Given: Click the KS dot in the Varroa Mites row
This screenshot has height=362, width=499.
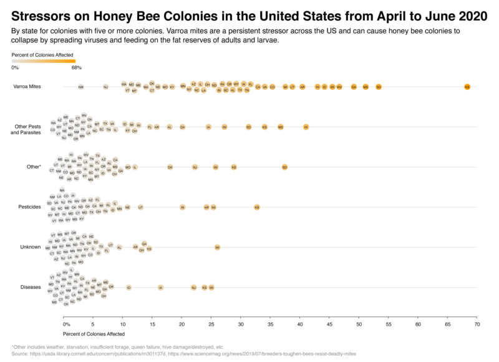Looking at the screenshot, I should coord(467,87).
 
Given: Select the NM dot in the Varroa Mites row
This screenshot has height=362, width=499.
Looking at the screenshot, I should coord(81,87).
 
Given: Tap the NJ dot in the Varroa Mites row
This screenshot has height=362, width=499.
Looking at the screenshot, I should coord(105,87).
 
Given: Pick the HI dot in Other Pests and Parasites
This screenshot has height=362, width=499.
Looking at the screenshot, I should coord(306,127).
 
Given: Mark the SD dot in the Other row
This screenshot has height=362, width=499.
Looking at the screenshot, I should coord(284,167).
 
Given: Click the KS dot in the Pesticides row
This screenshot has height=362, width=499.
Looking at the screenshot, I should coord(256,207).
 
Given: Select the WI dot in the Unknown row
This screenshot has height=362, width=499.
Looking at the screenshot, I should coord(217,247).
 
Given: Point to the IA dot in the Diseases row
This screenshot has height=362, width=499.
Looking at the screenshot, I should coord(160,287).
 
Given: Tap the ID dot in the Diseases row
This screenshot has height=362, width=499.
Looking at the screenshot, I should coord(128,287).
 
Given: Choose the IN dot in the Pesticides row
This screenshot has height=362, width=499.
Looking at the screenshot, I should coord(182,207).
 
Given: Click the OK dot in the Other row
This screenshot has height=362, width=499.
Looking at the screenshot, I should coord(170,167).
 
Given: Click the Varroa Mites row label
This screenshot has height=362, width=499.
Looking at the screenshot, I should coord(27,87).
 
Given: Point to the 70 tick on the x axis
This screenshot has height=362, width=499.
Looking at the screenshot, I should coord(477,325).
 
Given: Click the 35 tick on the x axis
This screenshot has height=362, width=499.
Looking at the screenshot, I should coord(271,325).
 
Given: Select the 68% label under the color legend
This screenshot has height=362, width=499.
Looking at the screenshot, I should coord(77,67).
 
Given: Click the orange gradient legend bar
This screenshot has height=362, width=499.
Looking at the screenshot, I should coord(44,61).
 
